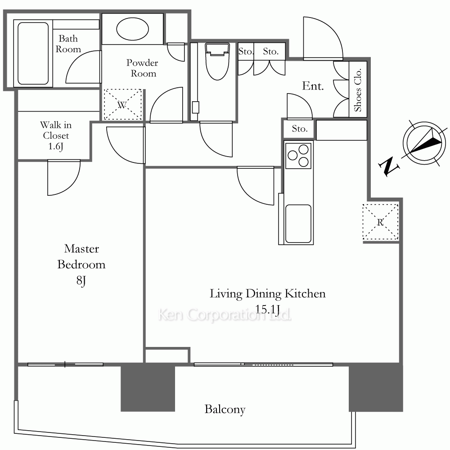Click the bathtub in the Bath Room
tap(33, 54)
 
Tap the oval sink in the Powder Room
tap(133, 29)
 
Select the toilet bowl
tap(217, 61)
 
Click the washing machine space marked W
tap(122, 105)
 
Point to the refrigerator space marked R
tap(380, 222)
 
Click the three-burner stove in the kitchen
tap(298, 156)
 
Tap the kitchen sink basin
tap(298, 224)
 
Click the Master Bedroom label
tap(81, 256)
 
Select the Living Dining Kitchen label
tap(267, 293)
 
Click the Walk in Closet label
tap(56, 130)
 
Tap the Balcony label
tap(225, 409)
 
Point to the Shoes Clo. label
tap(358, 90)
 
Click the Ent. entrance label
tap(313, 86)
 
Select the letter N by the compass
tap(389, 167)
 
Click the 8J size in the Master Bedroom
tap(81, 280)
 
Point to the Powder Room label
tap(143, 68)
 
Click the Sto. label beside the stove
tap(300, 129)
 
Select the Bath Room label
tap(68, 44)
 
